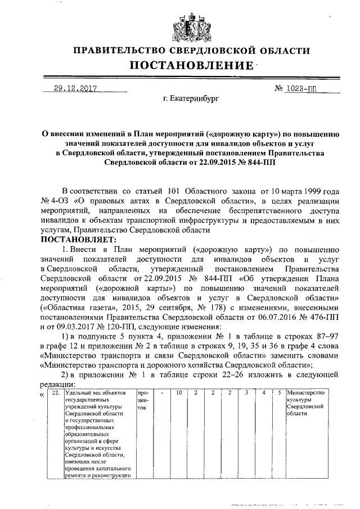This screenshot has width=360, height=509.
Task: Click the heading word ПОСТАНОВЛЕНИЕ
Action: click(191, 66)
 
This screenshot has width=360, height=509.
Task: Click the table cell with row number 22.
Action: click(56, 392)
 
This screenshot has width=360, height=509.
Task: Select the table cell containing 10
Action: click(178, 392)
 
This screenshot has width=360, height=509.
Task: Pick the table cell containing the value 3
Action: click(246, 392)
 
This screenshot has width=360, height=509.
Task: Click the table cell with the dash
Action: click(161, 392)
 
